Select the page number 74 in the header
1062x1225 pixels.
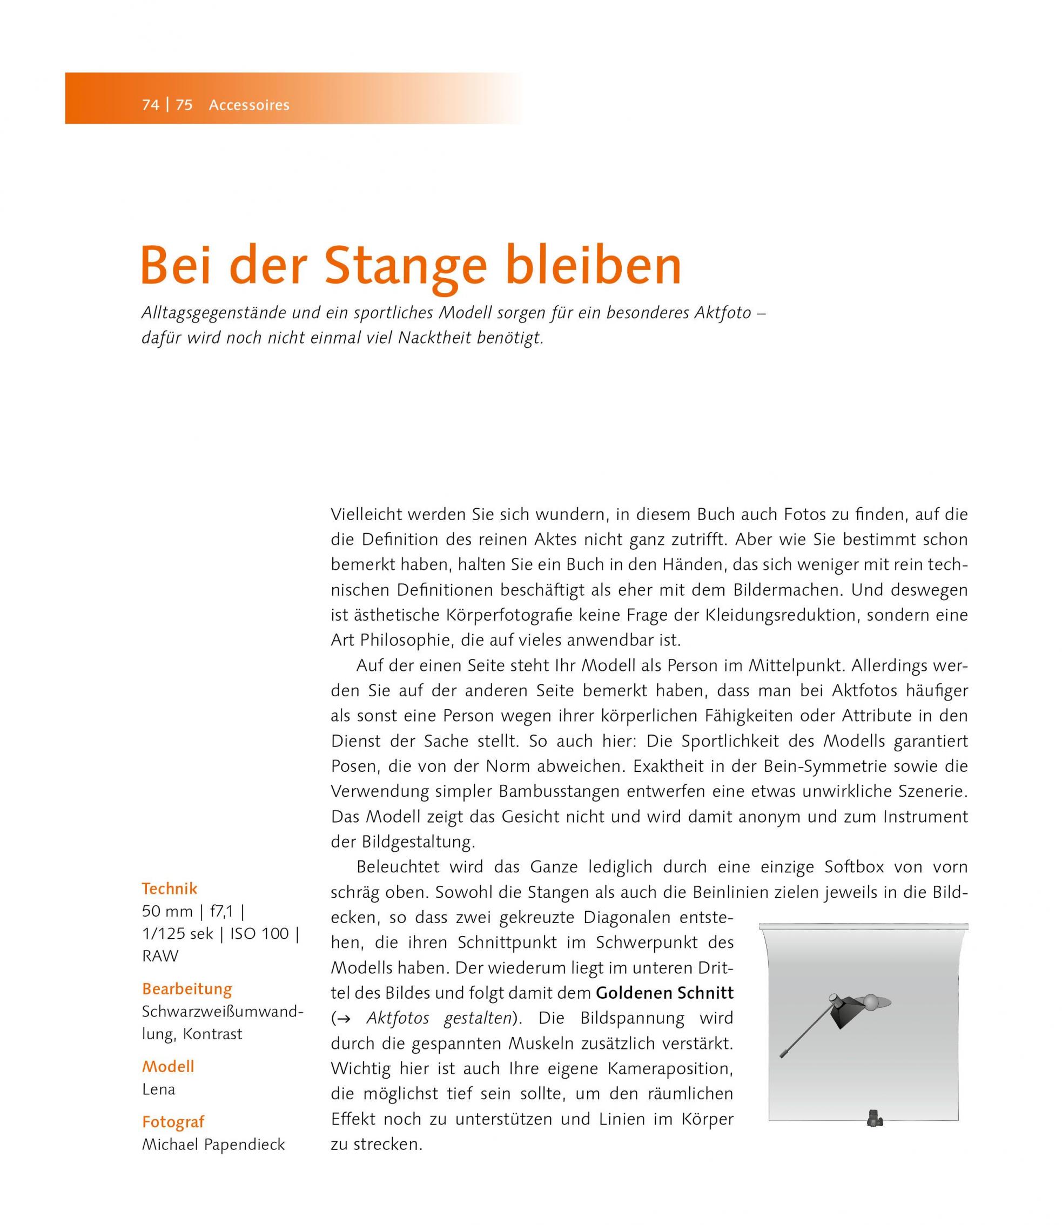pyautogui.click(x=151, y=105)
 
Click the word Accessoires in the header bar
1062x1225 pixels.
pyautogui.click(x=249, y=105)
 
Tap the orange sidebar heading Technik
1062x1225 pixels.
pyautogui.click(x=170, y=889)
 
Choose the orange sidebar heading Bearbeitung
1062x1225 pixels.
pyautogui.click(x=187, y=988)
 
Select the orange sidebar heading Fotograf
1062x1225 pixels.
pyautogui.click(x=173, y=1121)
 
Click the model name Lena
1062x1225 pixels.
pyautogui.click(x=158, y=1089)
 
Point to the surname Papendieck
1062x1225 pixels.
pyautogui.click(x=244, y=1145)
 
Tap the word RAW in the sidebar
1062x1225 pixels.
pyautogui.click(x=160, y=956)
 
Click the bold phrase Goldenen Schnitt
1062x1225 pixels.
pyautogui.click(x=664, y=993)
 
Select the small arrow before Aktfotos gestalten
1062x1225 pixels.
pyautogui.click(x=344, y=1019)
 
